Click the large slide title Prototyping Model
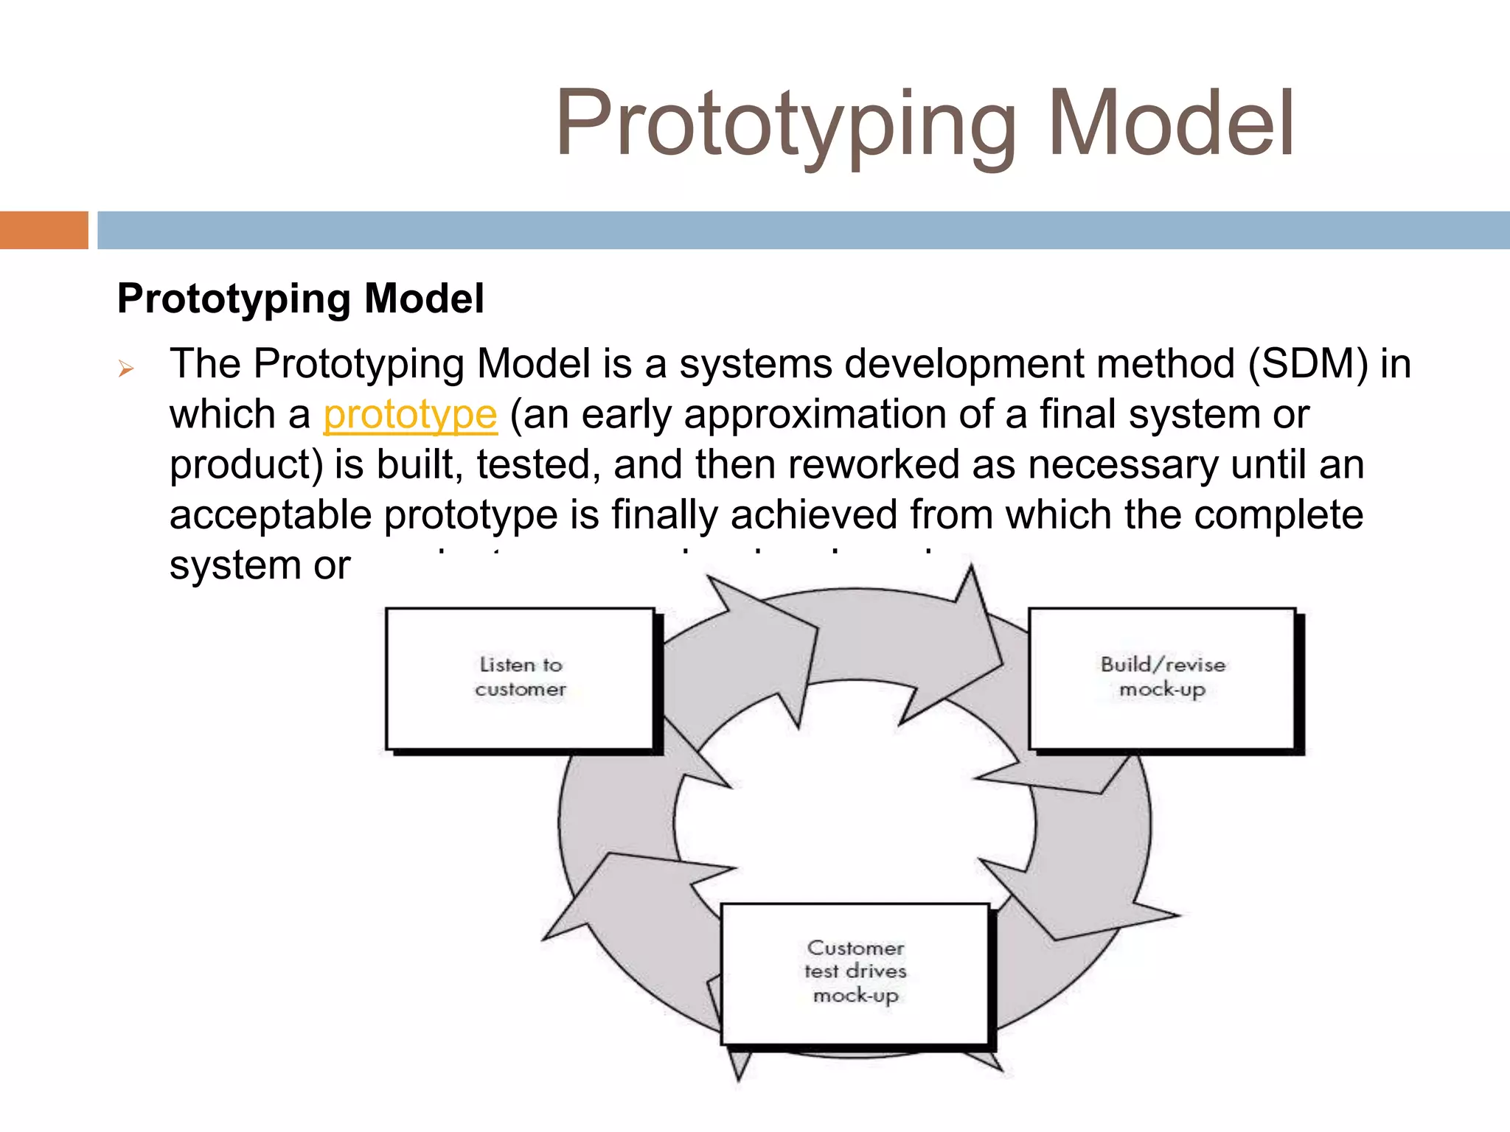click(x=925, y=124)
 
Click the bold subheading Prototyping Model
click(x=301, y=299)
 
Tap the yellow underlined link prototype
click(x=410, y=414)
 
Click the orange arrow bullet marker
click(x=126, y=368)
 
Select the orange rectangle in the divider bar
click(x=44, y=230)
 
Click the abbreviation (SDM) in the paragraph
click(x=1308, y=364)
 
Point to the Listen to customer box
click(x=520, y=678)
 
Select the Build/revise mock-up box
click(x=1162, y=678)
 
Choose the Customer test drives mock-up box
click(x=855, y=973)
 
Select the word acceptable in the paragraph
click(x=271, y=515)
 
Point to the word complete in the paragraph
click(x=1278, y=515)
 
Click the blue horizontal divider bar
click(x=804, y=230)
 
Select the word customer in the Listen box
click(x=521, y=690)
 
